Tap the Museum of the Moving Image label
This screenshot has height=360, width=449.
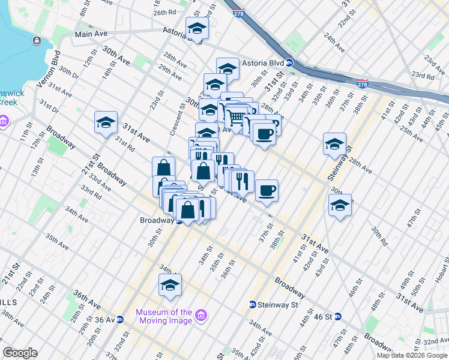164,316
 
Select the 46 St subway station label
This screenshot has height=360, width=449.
323,316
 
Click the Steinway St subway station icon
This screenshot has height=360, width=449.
253,305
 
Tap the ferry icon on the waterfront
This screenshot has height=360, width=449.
38,40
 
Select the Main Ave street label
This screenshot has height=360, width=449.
91,35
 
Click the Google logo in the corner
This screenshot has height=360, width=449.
20,353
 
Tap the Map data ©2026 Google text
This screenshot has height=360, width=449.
411,355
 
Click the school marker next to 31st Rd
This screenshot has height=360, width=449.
106,123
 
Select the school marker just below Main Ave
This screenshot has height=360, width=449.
196,28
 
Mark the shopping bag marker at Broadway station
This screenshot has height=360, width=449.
188,211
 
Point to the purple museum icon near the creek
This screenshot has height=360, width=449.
3,122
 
